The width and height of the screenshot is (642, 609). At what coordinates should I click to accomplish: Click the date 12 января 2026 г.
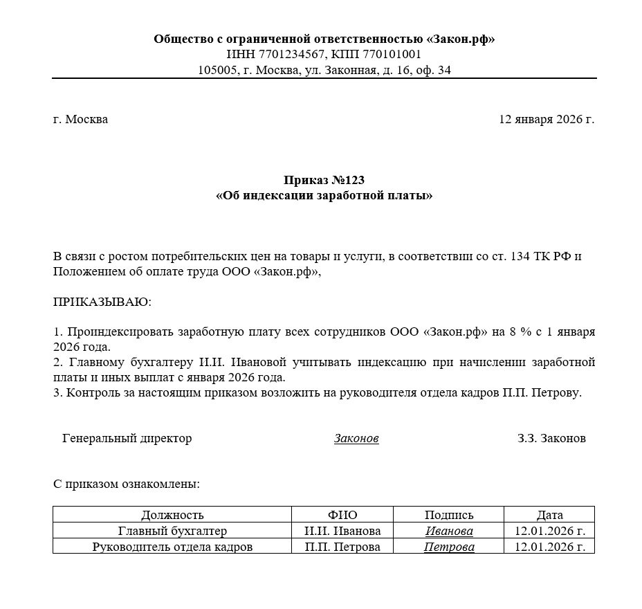[x=546, y=119]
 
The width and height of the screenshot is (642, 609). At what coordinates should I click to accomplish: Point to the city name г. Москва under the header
[x=80, y=119]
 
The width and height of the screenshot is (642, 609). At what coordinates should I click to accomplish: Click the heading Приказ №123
[x=324, y=181]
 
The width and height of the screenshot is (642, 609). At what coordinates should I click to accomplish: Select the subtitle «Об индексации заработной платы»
[x=324, y=196]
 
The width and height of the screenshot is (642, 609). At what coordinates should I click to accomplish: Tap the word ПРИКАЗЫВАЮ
[x=102, y=302]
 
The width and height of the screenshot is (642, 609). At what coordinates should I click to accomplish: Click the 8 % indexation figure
[x=520, y=331]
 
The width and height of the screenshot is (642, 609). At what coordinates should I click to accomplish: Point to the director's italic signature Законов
[x=356, y=439]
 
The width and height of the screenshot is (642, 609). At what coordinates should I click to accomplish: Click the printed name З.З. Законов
[x=551, y=439]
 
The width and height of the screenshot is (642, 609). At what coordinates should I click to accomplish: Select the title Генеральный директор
[x=127, y=439]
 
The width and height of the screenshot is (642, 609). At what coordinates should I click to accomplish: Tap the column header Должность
[x=172, y=515]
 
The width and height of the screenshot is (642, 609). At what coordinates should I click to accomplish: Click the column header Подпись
[x=449, y=515]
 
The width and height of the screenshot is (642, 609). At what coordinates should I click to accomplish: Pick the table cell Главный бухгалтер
[x=172, y=531]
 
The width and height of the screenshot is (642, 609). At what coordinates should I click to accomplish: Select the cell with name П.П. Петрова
[x=342, y=547]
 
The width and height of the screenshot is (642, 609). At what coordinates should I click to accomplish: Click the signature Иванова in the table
[x=449, y=531]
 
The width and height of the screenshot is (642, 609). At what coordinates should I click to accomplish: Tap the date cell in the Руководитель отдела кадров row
[x=550, y=547]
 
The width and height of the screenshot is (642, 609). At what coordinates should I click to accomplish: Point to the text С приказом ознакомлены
[x=127, y=484]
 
